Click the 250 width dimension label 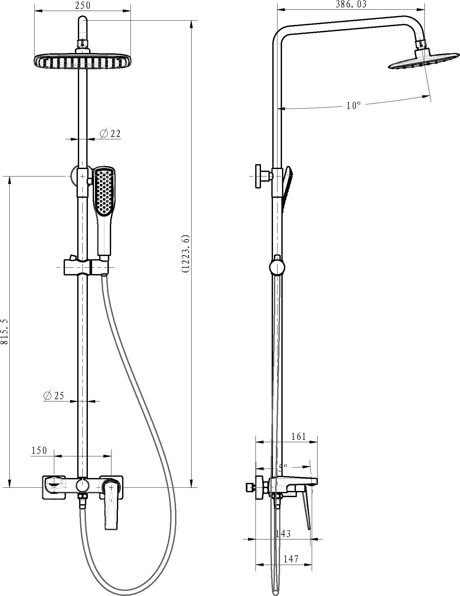tap(83, 5)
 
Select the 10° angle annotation tap(353, 105)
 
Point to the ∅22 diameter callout tap(110, 133)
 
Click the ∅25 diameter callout tap(54, 395)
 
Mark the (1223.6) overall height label tap(186, 254)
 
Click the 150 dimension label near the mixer tap(39, 450)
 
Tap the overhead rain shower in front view tap(83, 61)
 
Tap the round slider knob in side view tap(277, 267)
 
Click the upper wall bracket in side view tap(262, 176)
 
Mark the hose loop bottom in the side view tap(275, 591)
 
